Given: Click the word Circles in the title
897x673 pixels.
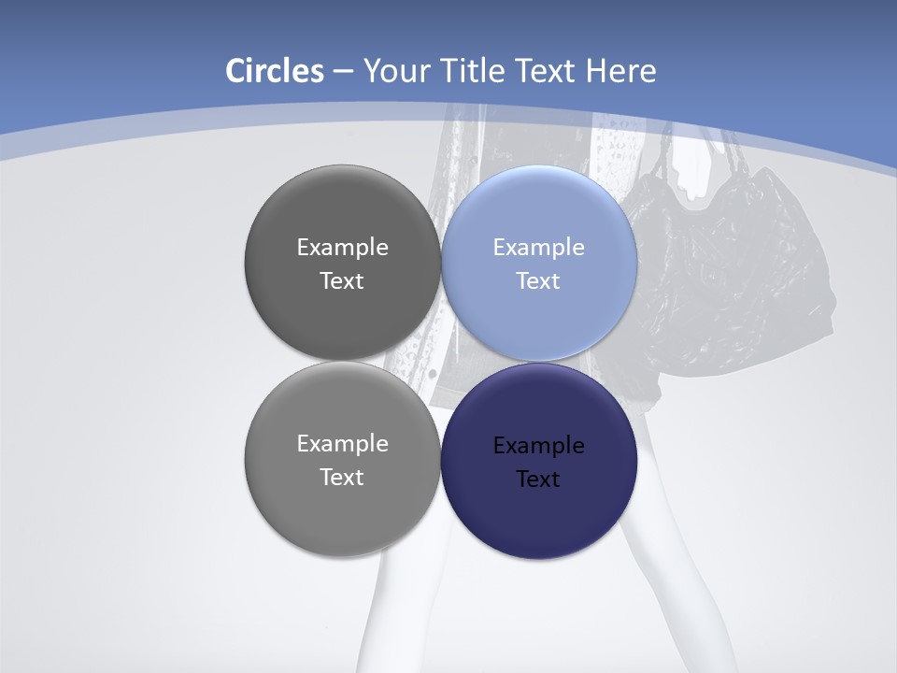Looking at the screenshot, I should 274,71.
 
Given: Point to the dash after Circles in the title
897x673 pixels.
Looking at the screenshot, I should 342,71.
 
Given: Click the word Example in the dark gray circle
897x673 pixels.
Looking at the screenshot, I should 342,247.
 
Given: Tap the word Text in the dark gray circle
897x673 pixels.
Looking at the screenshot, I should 342,280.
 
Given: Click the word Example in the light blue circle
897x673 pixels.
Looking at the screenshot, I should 538,247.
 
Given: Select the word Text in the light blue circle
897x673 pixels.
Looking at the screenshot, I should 538,280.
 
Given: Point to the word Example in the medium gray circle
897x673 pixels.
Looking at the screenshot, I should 342,443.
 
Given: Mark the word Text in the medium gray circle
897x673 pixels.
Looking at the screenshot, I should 342,477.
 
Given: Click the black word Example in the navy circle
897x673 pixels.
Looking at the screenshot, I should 538,445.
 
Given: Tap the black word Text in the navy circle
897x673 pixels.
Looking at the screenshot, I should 538,479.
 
